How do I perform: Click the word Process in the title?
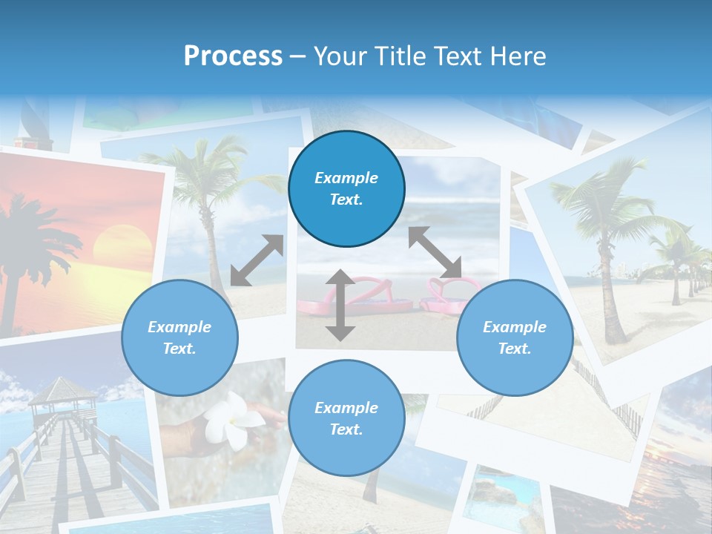[x=233, y=56]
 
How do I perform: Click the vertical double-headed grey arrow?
[x=340, y=306]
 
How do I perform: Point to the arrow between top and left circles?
[x=257, y=260]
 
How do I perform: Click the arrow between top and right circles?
[x=435, y=252]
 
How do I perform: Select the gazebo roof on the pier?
[x=62, y=390]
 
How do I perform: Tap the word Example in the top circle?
[x=346, y=178]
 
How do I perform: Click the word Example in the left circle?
[x=179, y=327]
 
